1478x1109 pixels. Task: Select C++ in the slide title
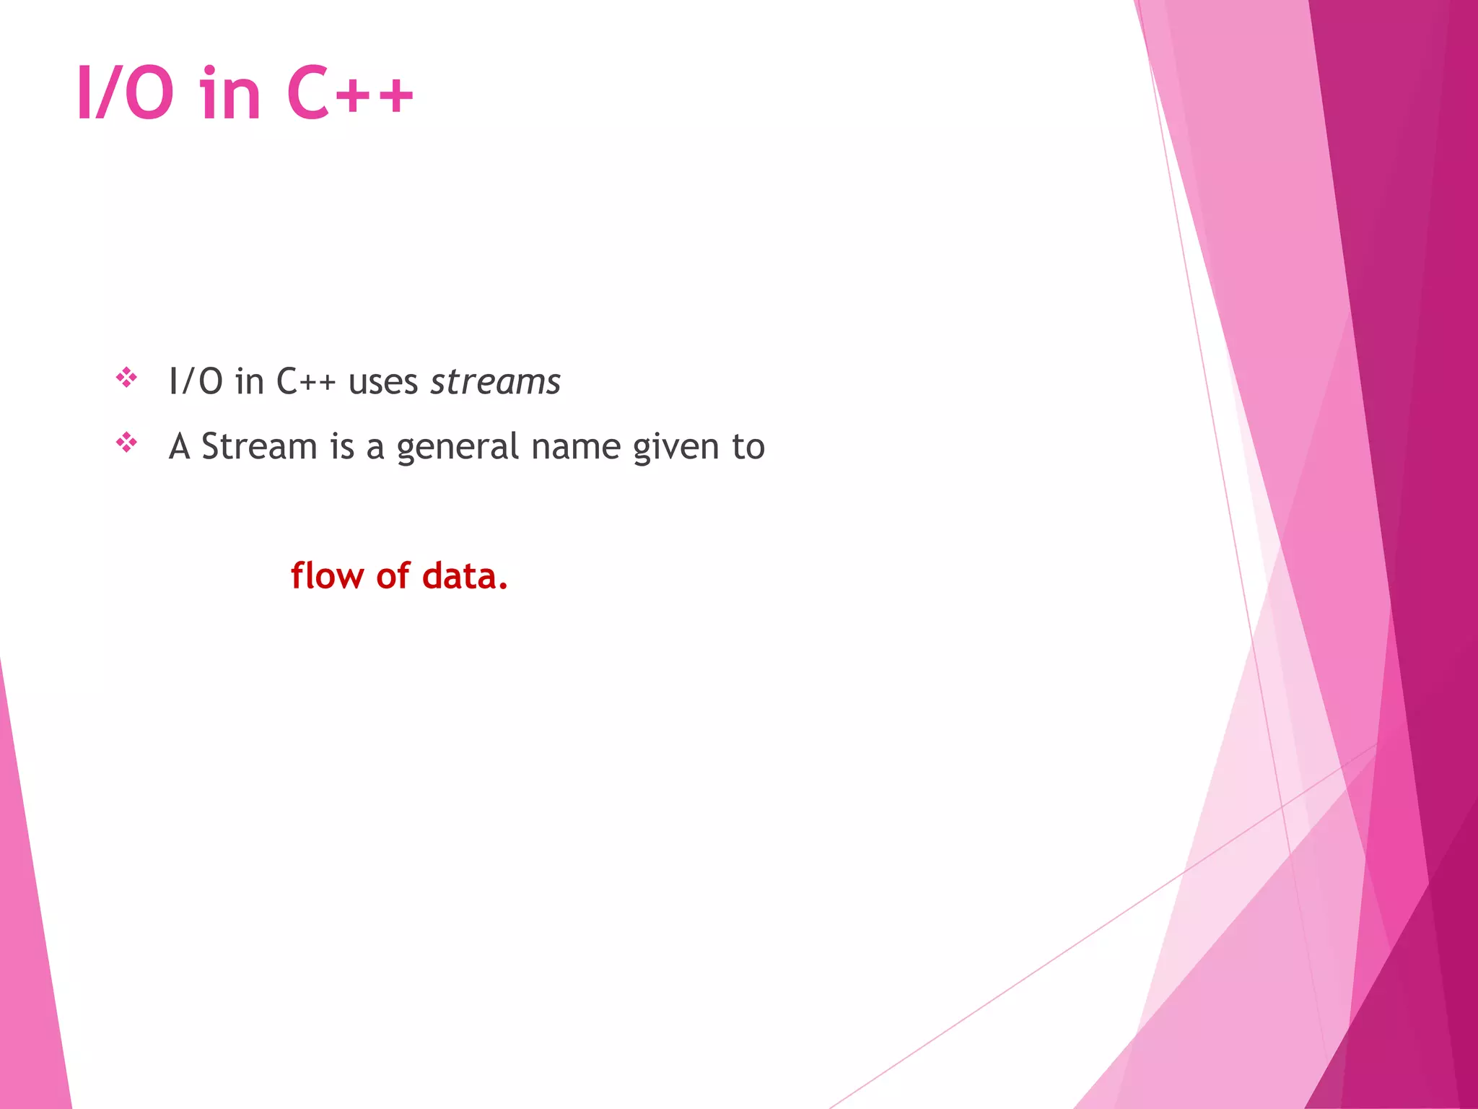pyautogui.click(x=350, y=93)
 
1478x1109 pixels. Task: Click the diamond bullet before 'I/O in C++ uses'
pyautogui.click(x=126, y=378)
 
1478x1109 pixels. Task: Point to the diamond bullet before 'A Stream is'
pyautogui.click(x=126, y=443)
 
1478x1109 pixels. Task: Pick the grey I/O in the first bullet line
pyautogui.click(x=196, y=381)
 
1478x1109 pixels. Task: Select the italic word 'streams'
pyautogui.click(x=495, y=381)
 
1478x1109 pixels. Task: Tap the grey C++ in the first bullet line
pyautogui.click(x=306, y=381)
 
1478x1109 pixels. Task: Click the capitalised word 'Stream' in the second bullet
pyautogui.click(x=259, y=446)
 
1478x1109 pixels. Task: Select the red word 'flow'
pyautogui.click(x=327, y=576)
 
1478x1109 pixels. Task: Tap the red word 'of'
pyautogui.click(x=393, y=576)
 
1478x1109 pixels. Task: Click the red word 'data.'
pyautogui.click(x=465, y=576)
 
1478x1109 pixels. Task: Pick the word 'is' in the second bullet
pyautogui.click(x=342, y=446)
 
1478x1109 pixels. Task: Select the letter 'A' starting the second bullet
pyautogui.click(x=179, y=446)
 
